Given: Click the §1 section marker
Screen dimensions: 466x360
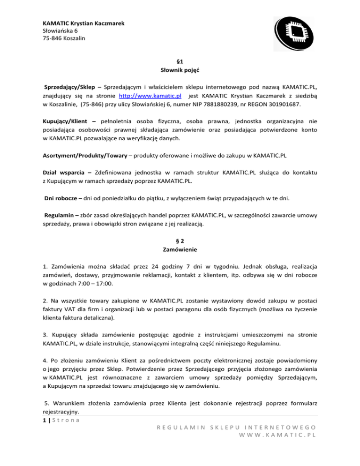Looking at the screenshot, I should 180,61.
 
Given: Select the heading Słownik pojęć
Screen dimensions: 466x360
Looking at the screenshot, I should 180,70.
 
